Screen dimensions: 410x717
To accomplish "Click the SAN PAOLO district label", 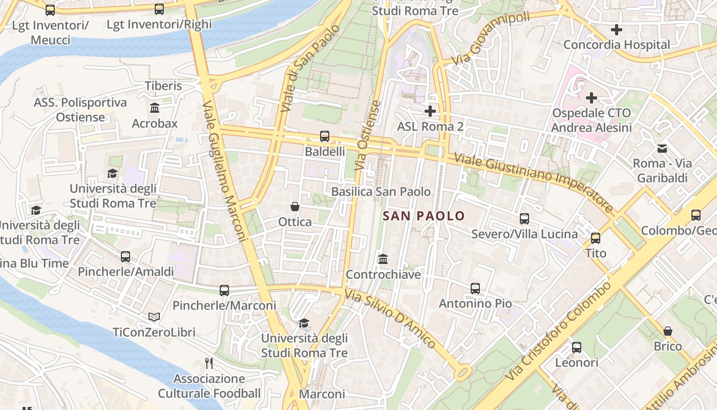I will pos(424,216).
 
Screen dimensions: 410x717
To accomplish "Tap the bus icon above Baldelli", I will pos(325,136).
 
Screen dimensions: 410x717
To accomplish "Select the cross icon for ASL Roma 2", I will pos(430,111).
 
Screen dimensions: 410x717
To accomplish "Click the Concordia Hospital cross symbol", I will pos(617,30).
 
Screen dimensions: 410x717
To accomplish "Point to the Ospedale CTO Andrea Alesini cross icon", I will pos(592,97).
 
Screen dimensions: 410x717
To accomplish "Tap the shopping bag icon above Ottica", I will pos(295,207).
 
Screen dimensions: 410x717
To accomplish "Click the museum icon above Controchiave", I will pos(383,259).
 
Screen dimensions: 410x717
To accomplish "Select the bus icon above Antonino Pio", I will pos(475,289).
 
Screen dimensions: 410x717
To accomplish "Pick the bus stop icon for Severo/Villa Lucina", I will pos(524,219).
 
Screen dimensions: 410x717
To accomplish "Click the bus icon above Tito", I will pos(596,238).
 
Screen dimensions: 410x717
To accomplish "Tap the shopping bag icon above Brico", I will pos(668,331).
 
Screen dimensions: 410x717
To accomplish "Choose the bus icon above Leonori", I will pos(577,347).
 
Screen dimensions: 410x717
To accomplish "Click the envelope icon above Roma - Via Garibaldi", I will pos(662,149).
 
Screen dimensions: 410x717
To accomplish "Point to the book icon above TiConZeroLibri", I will pos(154,317).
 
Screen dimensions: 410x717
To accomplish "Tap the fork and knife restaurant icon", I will pos(209,363).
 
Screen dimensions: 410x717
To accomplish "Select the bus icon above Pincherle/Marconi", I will pos(224,291).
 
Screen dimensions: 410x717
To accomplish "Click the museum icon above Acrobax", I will pos(155,108).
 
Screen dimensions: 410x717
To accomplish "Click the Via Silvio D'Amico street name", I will pos(390,318).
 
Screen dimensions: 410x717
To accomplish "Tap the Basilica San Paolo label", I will pos(381,192).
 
